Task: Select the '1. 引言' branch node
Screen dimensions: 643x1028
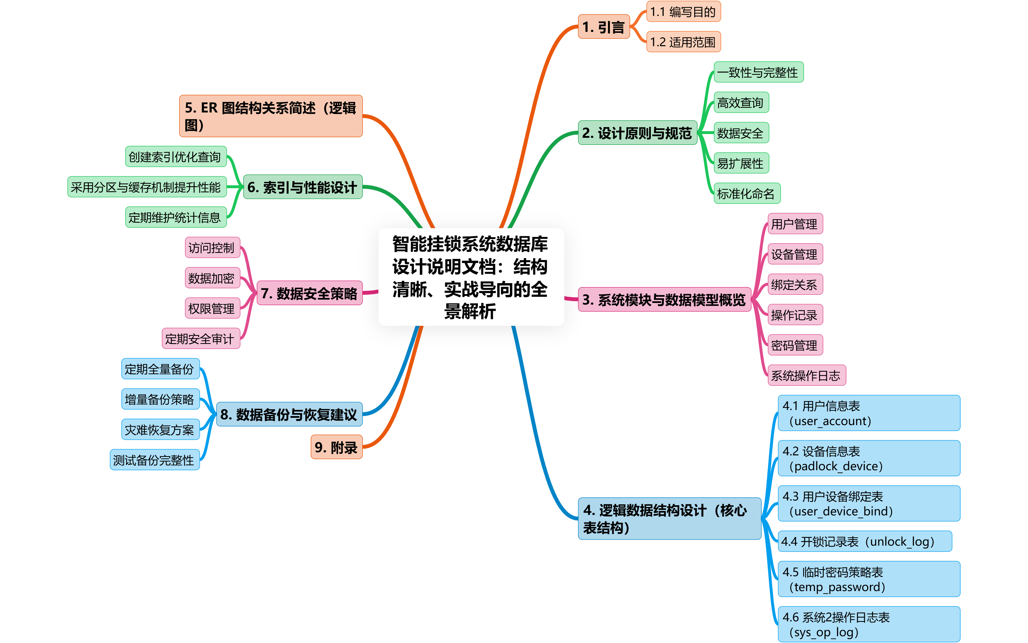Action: [603, 27]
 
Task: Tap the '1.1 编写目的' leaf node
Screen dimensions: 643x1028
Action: [683, 11]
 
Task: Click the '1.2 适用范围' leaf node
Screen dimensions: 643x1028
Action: [683, 42]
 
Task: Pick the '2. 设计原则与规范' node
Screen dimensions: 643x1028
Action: [637, 133]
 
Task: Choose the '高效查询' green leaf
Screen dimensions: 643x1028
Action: [741, 103]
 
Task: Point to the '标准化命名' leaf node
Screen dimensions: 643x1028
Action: [746, 193]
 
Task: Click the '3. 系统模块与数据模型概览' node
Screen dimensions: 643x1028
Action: [664, 299]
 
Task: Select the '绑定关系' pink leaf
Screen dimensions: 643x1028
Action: [795, 284]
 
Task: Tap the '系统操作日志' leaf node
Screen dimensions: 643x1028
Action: [806, 375]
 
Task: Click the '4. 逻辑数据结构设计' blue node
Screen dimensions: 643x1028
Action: [669, 519]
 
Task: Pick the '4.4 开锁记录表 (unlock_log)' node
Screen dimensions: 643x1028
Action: [864, 541]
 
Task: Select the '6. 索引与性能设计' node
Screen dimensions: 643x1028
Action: [302, 187]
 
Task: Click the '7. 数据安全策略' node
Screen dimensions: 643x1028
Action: [309, 293]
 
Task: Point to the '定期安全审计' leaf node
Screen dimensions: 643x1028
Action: [200, 338]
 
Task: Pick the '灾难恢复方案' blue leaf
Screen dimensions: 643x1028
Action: [160, 430]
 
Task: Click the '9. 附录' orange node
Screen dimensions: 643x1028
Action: [336, 447]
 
